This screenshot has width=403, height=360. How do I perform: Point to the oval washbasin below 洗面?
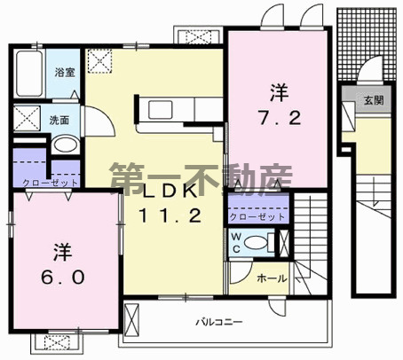(63, 145)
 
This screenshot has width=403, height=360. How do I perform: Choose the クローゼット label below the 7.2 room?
(258, 216)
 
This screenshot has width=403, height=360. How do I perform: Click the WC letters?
(236, 242)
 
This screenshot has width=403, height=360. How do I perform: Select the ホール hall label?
(272, 278)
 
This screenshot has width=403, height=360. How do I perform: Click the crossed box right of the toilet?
(283, 242)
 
